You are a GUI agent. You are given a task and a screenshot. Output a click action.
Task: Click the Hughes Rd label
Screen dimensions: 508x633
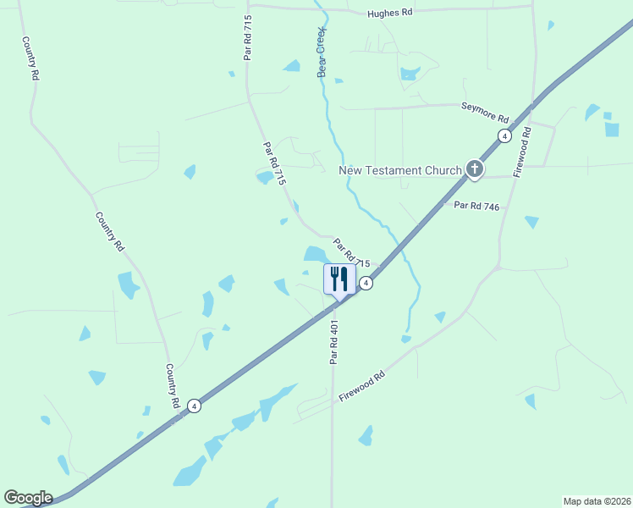coord(389,14)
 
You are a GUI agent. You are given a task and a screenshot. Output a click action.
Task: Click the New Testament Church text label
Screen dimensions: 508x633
coord(400,170)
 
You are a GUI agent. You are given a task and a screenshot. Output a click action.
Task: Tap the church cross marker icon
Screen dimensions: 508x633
coord(475,170)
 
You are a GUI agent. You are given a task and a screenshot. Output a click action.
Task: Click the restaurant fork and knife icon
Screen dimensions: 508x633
coord(339,279)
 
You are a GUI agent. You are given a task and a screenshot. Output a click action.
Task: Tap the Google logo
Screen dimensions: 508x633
coord(28,497)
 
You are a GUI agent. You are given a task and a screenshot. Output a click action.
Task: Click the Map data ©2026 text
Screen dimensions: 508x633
coord(597,501)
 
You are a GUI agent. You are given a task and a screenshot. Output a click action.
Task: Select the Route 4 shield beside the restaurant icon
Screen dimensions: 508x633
coord(366,283)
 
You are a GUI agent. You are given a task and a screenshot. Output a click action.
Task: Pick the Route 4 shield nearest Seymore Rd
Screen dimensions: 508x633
coord(504,135)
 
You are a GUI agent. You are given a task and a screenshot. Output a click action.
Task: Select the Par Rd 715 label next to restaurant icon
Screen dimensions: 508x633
coord(352,252)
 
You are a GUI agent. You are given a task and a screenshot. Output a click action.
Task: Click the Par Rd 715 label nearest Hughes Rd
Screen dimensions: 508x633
coord(248,40)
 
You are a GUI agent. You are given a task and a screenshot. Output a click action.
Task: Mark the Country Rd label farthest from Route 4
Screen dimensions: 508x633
coord(30,58)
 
